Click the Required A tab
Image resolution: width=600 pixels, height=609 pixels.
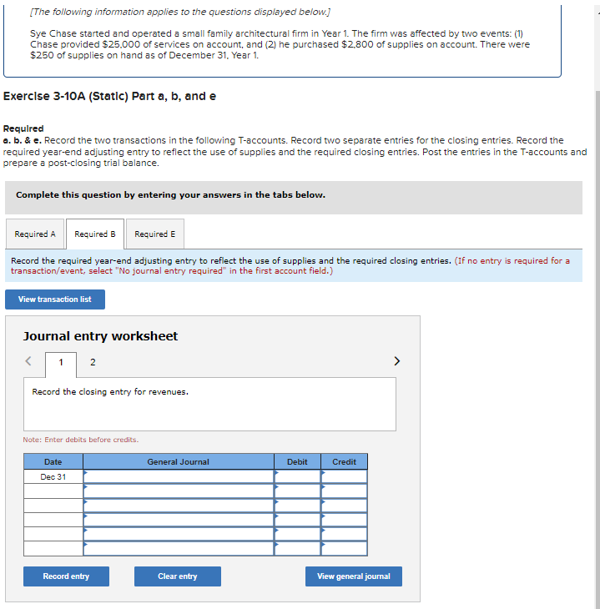35,234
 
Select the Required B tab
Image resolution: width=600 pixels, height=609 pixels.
95,234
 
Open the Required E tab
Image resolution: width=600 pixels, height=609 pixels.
155,234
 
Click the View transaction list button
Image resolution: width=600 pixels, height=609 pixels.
55,299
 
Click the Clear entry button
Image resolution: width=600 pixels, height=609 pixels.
178,576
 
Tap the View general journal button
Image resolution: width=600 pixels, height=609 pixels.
353,576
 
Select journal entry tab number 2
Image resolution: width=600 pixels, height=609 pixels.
92,362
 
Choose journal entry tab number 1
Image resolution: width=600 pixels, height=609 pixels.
60,362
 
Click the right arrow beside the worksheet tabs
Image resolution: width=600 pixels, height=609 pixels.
396,361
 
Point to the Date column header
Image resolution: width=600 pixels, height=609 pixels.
53,461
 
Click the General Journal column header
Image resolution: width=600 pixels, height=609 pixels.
179,461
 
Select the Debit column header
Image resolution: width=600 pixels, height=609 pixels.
297,461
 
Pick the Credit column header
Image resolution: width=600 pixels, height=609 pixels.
344,461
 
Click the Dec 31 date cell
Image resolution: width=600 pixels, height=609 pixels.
53,476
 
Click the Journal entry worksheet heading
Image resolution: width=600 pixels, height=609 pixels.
100,336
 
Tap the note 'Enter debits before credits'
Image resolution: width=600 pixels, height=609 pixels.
81,440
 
